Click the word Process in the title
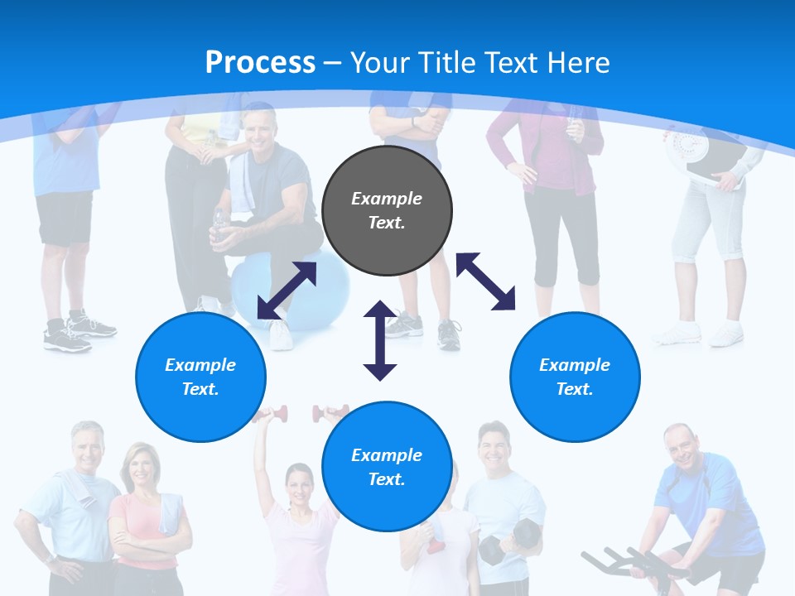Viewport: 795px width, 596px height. point(260,63)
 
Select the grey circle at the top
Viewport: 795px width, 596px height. point(387,210)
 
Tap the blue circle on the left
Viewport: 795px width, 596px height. point(200,377)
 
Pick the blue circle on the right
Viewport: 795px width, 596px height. point(575,377)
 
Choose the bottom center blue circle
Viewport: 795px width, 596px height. point(387,466)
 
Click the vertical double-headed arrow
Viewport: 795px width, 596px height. point(380,340)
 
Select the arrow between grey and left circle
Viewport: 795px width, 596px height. point(287,291)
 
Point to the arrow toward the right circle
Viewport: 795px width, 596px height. point(485,281)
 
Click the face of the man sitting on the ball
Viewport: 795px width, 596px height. point(259,127)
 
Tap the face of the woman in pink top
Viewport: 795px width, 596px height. point(137,468)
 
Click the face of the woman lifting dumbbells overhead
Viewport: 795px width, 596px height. point(298,484)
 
